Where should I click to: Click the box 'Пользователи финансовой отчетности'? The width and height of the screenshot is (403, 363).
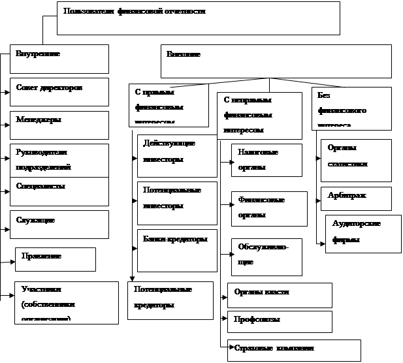coord(199,18)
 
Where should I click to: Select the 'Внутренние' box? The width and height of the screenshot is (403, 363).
coord(59,59)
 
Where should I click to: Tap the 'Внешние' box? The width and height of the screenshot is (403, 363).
coord(276,61)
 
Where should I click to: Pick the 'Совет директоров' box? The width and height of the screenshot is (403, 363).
coord(59,91)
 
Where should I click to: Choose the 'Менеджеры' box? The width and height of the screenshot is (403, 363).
coord(59,125)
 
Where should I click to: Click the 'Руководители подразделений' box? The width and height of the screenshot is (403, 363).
coord(59,159)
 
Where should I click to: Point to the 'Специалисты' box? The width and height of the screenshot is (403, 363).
coord(59,191)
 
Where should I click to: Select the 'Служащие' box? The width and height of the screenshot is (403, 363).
coord(59,224)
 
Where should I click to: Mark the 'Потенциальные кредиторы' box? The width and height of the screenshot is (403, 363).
coord(170,300)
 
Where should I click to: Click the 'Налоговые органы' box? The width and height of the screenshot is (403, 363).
coord(266,160)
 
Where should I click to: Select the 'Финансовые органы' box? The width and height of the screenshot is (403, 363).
coord(268,208)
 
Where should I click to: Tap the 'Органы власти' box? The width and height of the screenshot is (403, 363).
coord(279,294)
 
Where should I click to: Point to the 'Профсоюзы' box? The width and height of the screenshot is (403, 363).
coord(279,321)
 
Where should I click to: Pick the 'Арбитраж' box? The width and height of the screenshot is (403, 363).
coord(356,198)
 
